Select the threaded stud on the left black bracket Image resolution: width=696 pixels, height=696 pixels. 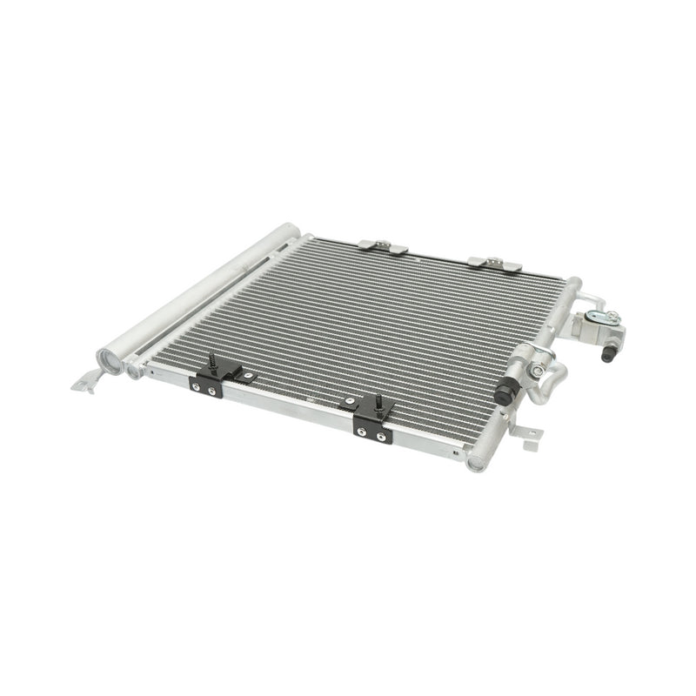[x=211, y=361]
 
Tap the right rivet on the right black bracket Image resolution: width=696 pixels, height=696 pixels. [x=379, y=436]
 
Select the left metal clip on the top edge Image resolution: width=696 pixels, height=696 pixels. [x=384, y=248]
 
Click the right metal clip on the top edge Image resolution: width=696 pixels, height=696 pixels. [x=495, y=263]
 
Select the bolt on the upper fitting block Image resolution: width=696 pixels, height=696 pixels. [x=612, y=318]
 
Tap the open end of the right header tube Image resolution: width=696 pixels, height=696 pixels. [x=476, y=462]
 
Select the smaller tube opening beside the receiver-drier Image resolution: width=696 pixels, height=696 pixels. [x=133, y=371]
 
